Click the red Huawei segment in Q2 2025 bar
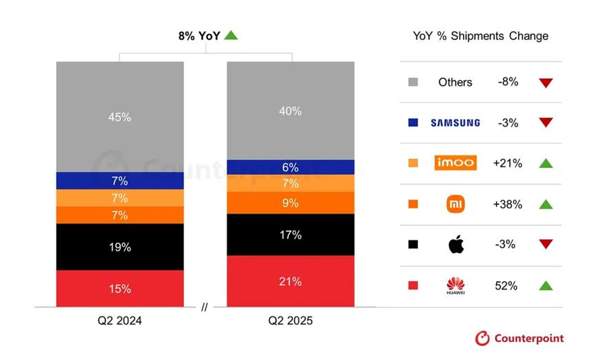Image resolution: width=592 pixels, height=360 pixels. pyautogui.click(x=290, y=281)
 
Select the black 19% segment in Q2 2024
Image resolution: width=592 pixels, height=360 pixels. pyautogui.click(x=120, y=247)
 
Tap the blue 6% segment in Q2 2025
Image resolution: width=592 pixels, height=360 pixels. pyautogui.click(x=290, y=167)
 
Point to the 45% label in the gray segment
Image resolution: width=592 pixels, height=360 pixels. pyautogui.click(x=120, y=117)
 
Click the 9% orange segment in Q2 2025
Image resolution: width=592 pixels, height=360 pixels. pyautogui.click(x=290, y=203)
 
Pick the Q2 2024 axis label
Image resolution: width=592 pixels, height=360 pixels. pyautogui.click(x=120, y=321)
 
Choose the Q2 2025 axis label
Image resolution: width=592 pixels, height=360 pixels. pyautogui.click(x=290, y=321)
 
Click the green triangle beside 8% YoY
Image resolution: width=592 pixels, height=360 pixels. pyautogui.click(x=231, y=35)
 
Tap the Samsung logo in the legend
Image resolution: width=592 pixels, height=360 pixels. pyautogui.click(x=455, y=123)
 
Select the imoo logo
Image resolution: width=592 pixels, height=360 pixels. pyautogui.click(x=455, y=163)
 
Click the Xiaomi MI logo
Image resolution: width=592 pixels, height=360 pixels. pyautogui.click(x=455, y=204)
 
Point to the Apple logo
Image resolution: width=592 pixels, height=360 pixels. pyautogui.click(x=456, y=244)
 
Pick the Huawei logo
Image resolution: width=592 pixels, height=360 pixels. pyautogui.click(x=455, y=285)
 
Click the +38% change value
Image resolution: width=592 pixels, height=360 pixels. pyautogui.click(x=508, y=205)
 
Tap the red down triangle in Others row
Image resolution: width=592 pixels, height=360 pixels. pyautogui.click(x=546, y=83)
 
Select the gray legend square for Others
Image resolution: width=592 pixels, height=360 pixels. pyautogui.click(x=413, y=82)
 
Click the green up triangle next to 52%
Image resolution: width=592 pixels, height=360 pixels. pyautogui.click(x=546, y=285)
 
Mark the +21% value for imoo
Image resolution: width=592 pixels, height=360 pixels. pyautogui.click(x=508, y=163)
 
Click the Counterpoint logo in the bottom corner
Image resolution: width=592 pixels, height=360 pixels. pyautogui.click(x=519, y=338)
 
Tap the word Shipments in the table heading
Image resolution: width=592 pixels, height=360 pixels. pyautogui.click(x=477, y=36)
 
